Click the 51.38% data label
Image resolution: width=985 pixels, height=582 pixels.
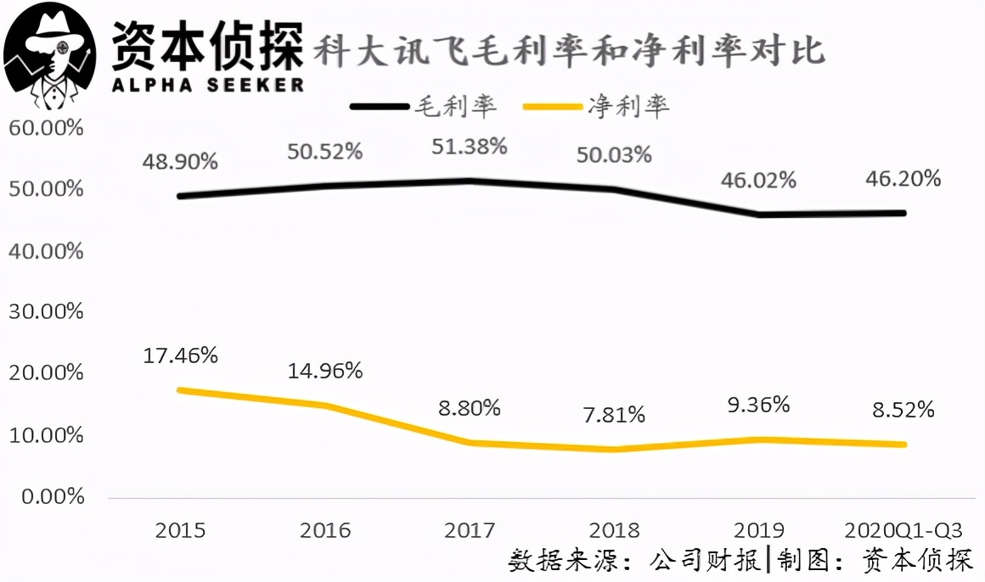pyautogui.click(x=470, y=147)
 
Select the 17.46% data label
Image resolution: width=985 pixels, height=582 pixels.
pyautogui.click(x=180, y=356)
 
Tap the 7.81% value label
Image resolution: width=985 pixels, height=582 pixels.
pyautogui.click(x=614, y=415)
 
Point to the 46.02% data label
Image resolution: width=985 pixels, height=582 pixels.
pyautogui.click(x=758, y=181)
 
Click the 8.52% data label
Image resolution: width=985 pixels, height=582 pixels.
pyautogui.click(x=903, y=410)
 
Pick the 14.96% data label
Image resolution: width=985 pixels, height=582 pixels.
pyautogui.click(x=324, y=371)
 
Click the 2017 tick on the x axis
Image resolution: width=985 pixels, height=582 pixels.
pyautogui.click(x=470, y=530)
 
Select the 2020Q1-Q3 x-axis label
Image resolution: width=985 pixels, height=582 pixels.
pyautogui.click(x=903, y=530)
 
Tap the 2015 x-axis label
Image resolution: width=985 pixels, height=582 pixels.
pyautogui.click(x=180, y=530)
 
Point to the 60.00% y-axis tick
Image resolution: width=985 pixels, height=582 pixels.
pyautogui.click(x=46, y=128)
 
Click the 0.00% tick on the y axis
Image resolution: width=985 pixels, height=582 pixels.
pyautogui.click(x=53, y=496)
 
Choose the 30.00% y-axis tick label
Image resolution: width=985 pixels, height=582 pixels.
pyautogui.click(x=46, y=311)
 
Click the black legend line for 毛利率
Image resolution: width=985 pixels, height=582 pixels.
pyautogui.click(x=380, y=107)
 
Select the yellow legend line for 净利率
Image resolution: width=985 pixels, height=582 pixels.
pyautogui.click(x=552, y=107)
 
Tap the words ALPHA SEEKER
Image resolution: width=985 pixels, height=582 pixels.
pyautogui.click(x=208, y=85)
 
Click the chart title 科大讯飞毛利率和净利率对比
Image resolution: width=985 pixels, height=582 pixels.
pyautogui.click(x=569, y=50)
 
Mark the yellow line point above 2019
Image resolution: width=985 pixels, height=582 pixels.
pyautogui.click(x=759, y=439)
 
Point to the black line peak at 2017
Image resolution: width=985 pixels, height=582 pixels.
pyautogui.click(x=470, y=182)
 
